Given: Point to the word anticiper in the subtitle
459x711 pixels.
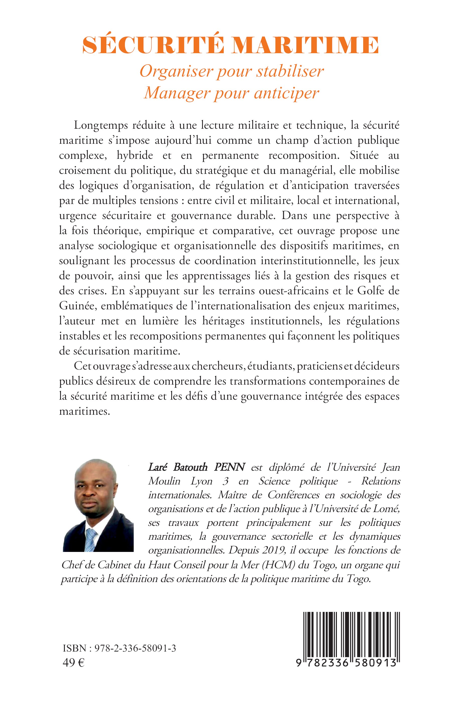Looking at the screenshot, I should [286, 93].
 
